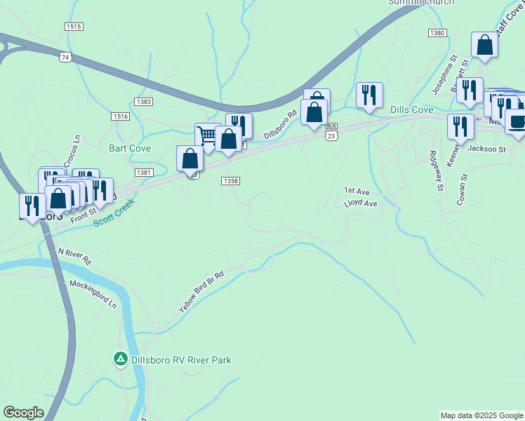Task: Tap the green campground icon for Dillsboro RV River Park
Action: tap(121, 359)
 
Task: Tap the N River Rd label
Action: tap(74, 255)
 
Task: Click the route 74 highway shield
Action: tap(65, 58)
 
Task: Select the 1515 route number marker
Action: tap(73, 27)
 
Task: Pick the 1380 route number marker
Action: tap(437, 33)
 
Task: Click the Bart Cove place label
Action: tap(131, 148)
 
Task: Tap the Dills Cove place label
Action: tap(411, 110)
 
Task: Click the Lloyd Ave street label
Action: tap(361, 203)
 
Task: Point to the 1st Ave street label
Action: tap(357, 191)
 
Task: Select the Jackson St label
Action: tap(486, 149)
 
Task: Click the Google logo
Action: tap(23, 413)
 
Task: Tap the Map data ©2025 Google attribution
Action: tap(481, 415)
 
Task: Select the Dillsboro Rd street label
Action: tap(281, 126)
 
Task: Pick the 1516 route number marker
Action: tap(120, 116)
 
